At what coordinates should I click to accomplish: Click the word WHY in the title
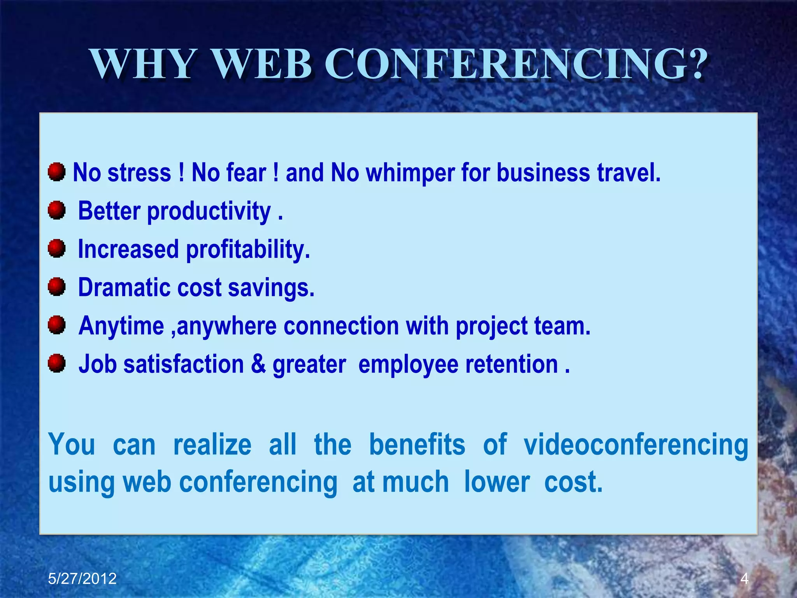click(x=142, y=64)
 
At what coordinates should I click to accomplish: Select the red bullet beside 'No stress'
click(x=57, y=172)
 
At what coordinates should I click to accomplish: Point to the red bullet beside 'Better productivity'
click(x=57, y=210)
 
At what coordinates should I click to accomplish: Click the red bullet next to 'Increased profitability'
click(x=57, y=248)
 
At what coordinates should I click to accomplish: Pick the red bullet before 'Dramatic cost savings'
click(x=57, y=287)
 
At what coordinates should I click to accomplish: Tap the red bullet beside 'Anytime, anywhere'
click(x=57, y=325)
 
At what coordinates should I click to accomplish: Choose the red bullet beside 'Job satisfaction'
click(x=57, y=363)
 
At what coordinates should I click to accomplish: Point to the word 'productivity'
click(x=209, y=211)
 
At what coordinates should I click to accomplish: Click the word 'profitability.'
click(x=248, y=250)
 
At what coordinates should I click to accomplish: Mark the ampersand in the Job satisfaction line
click(x=258, y=364)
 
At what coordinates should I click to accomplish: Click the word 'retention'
click(x=511, y=364)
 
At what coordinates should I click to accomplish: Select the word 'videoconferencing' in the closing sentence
click(x=635, y=445)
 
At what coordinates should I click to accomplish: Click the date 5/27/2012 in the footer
click(x=82, y=579)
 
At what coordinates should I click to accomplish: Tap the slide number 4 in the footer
click(x=744, y=579)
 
